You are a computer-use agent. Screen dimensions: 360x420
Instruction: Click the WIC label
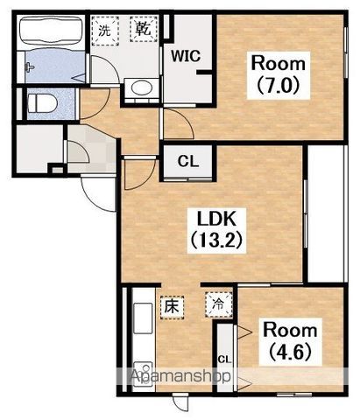click(x=186, y=56)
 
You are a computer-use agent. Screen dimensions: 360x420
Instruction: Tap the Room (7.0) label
click(x=278, y=75)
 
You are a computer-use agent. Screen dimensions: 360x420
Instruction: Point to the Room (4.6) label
click(x=290, y=341)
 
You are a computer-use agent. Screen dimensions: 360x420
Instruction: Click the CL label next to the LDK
click(x=188, y=161)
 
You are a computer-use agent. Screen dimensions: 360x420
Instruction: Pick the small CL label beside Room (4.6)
click(x=224, y=360)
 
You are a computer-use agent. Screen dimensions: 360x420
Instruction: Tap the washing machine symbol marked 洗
click(x=105, y=31)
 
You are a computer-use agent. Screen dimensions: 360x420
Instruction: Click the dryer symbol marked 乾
click(x=144, y=29)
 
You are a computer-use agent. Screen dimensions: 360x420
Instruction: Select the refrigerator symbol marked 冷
click(x=218, y=304)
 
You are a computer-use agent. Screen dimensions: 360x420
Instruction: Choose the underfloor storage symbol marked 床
click(x=172, y=307)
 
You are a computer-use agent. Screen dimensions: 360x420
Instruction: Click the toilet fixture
click(x=42, y=103)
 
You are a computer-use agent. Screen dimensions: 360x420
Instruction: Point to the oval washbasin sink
click(x=142, y=87)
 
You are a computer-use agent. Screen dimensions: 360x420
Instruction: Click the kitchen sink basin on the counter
click(x=143, y=318)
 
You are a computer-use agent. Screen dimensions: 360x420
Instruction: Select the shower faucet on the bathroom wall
click(x=30, y=67)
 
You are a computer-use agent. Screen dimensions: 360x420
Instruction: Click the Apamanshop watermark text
click(x=180, y=376)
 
